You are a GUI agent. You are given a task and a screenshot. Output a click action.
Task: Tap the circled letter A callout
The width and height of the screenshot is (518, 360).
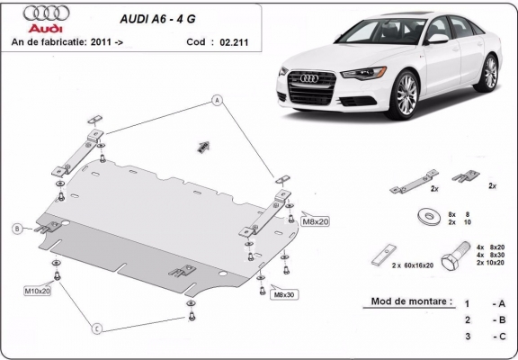coord(217,100)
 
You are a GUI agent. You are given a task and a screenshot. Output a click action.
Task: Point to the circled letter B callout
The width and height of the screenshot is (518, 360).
coord(16,229)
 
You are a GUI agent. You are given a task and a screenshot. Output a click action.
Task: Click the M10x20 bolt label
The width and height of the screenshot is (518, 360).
coord(38,291)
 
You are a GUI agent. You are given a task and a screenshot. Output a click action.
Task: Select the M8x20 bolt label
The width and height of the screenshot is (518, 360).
coord(316,220)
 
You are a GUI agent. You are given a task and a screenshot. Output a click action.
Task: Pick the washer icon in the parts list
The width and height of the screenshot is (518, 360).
coord(424,217)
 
